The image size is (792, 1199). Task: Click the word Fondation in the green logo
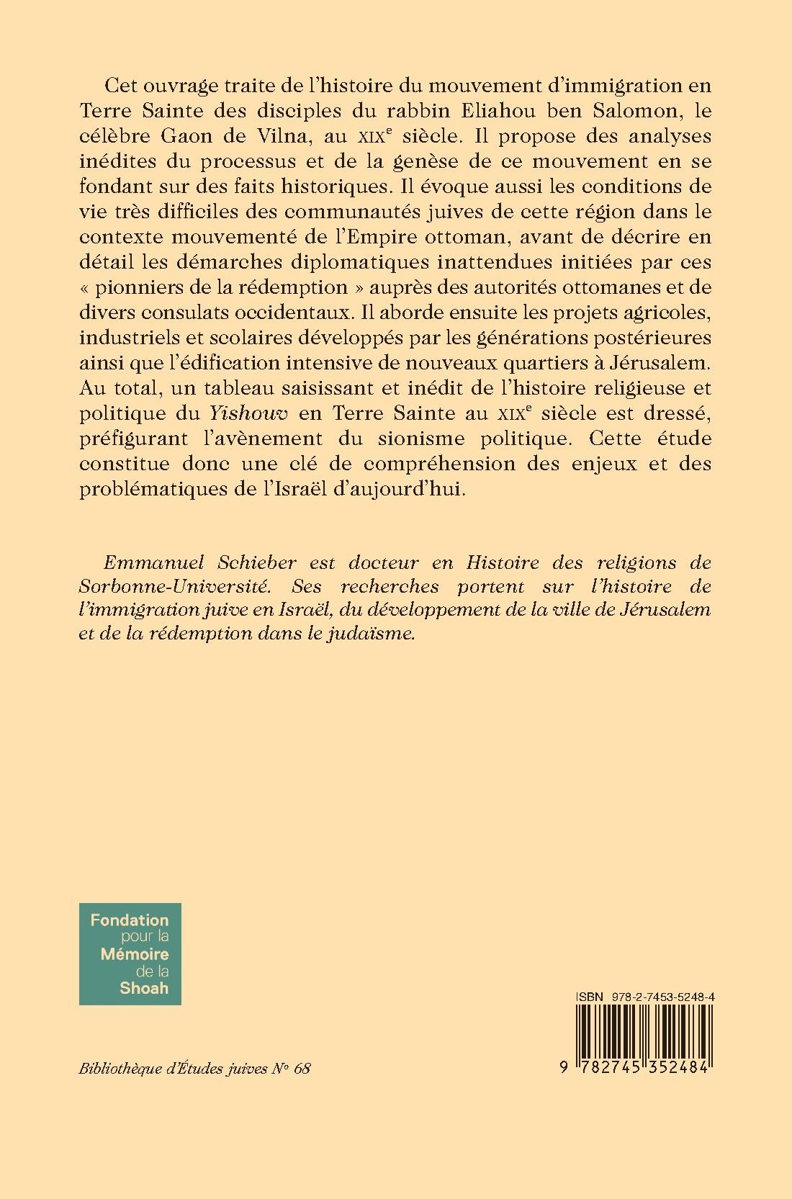[x=130, y=920]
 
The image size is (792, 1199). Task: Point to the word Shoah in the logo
[x=144, y=987]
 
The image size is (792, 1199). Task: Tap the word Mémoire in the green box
[x=135, y=953]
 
